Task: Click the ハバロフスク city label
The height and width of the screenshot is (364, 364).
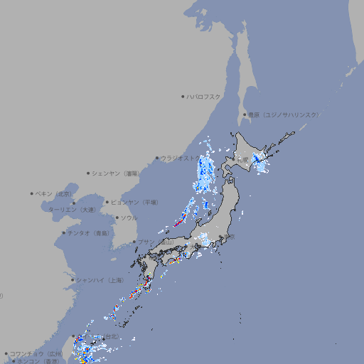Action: coord(204,97)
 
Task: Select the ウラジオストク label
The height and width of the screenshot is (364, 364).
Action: coord(181,159)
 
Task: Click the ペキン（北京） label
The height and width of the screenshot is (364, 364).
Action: coord(55,193)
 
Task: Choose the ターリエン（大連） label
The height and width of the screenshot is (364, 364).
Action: coord(72,210)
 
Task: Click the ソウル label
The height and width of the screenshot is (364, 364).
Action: coord(129,218)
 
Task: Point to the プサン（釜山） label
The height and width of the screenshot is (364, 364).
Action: coord(156,242)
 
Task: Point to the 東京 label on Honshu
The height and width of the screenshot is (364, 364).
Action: coord(230,237)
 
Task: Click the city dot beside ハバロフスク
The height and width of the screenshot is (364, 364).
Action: coord(183,97)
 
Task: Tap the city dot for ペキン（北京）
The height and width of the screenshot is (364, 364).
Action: coord(32,193)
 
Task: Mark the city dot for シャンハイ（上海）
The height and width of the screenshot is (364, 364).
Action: coord(73,280)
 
